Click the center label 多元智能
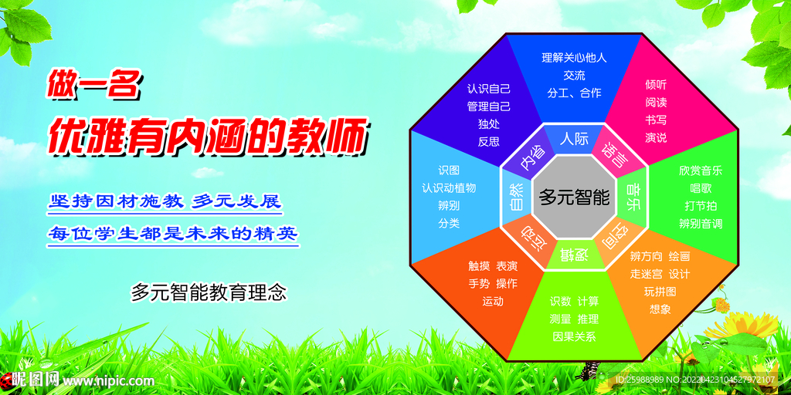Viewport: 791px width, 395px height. (x=574, y=197)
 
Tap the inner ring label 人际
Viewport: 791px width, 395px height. (x=574, y=139)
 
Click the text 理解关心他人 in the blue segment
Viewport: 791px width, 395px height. (x=574, y=57)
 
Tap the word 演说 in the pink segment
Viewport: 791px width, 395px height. (x=656, y=137)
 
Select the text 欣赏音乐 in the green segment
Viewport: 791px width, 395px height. (x=700, y=170)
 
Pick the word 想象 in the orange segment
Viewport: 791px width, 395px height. (x=660, y=309)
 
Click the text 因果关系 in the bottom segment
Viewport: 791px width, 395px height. (x=574, y=336)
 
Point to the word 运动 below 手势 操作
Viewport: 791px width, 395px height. (x=493, y=302)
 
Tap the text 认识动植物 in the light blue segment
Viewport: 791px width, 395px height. (x=449, y=188)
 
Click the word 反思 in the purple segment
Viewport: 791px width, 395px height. (x=489, y=142)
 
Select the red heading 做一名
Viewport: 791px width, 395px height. (x=93, y=85)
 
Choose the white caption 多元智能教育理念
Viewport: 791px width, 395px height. (x=209, y=292)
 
